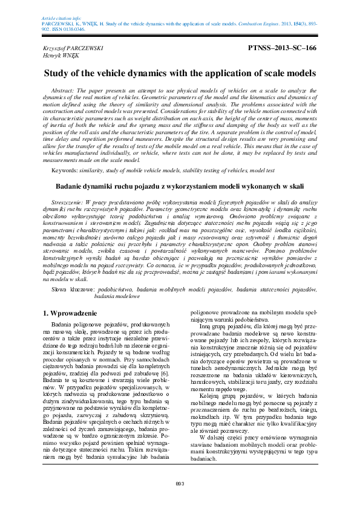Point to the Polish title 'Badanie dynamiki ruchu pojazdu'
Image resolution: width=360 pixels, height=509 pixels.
180,187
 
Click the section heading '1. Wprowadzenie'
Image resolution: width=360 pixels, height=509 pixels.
71,314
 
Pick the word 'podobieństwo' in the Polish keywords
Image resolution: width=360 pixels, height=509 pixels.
117,290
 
